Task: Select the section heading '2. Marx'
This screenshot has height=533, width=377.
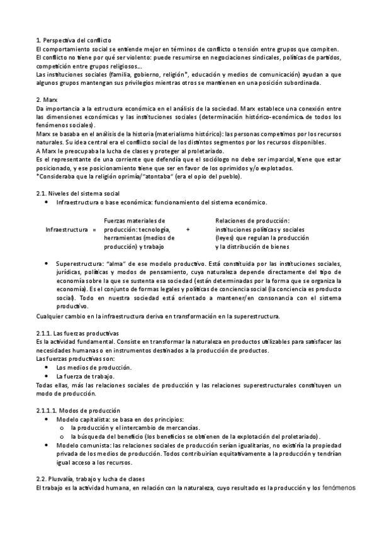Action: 47,100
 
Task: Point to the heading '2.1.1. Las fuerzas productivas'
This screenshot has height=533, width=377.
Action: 78,332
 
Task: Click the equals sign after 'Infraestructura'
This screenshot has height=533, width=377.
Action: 94,230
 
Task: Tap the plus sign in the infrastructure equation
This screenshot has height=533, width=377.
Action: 188,230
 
